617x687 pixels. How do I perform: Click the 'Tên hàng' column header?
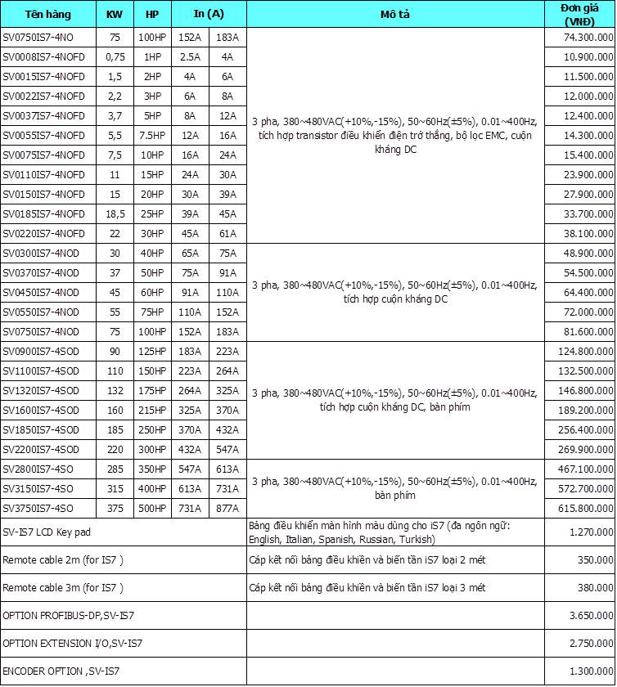coord(48,15)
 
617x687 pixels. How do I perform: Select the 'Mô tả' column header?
coord(395,15)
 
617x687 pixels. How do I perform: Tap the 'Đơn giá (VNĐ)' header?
coord(579,14)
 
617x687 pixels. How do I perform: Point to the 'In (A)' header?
coord(208,15)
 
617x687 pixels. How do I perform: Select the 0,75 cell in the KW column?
coord(115,57)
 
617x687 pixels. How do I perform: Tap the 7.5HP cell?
coord(152,136)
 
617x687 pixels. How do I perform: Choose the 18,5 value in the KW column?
coord(115,214)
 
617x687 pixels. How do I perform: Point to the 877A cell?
coord(227,509)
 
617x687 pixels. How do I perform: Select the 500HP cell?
coord(152,509)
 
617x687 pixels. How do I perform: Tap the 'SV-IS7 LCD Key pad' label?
coord(47,533)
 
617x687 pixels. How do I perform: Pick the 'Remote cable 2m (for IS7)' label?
coord(63,561)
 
